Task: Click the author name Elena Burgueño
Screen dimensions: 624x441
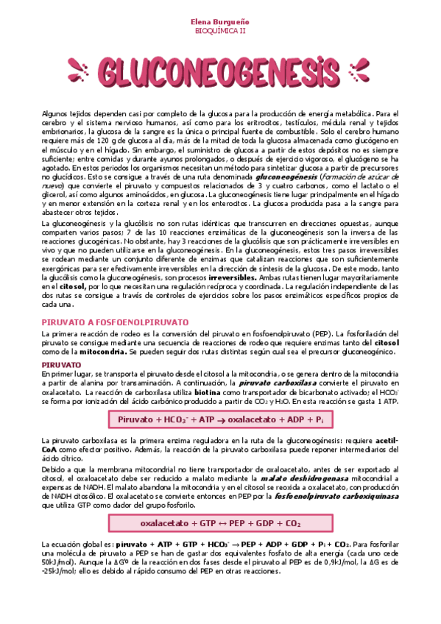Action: [x=220, y=23]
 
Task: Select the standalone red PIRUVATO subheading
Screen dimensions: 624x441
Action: [x=61, y=364]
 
